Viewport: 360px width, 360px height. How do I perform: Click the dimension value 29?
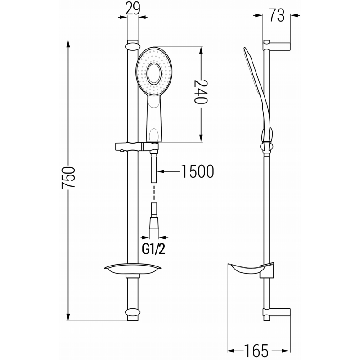pyautogui.click(x=132, y=9)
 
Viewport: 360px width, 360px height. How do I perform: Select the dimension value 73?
pyautogui.click(x=277, y=15)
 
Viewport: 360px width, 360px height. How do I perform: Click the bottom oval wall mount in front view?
pyautogui.click(x=133, y=312)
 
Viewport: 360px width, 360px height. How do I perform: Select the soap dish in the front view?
pyautogui.click(x=133, y=269)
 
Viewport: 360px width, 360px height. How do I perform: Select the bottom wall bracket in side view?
pyautogui.click(x=277, y=312)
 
